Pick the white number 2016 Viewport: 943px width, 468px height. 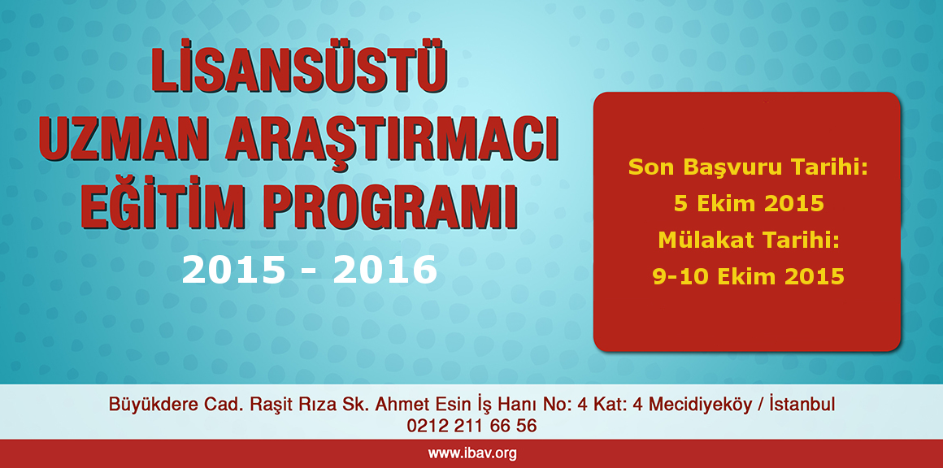click(x=385, y=270)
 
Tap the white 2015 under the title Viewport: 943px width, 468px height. click(x=233, y=270)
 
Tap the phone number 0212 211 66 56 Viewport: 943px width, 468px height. click(x=471, y=426)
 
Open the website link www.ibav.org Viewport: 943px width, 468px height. click(x=471, y=453)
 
